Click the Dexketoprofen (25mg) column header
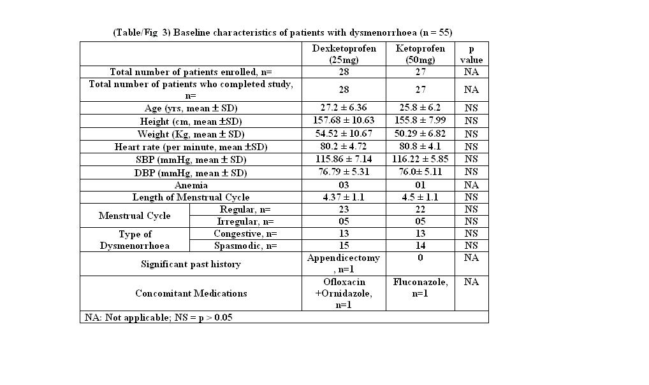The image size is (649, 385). click(344, 54)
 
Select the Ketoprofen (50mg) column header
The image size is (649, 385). click(420, 54)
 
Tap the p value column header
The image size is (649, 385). click(471, 54)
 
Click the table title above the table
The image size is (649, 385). click(282, 32)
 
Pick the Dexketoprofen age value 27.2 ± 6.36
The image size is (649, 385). click(344, 108)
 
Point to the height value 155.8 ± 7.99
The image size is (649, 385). click(420, 121)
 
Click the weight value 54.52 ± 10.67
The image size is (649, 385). click(344, 134)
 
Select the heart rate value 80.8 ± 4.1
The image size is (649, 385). click(420, 146)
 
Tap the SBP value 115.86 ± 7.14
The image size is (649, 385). click(344, 159)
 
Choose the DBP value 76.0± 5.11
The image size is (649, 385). click(420, 172)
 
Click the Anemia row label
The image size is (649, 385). click(191, 185)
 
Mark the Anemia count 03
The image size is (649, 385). click(344, 185)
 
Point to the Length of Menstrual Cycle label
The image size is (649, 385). click(191, 197)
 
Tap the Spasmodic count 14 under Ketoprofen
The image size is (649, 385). click(420, 246)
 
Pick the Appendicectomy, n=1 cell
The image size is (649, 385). click(344, 263)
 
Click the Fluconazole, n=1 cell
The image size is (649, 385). click(420, 288)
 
